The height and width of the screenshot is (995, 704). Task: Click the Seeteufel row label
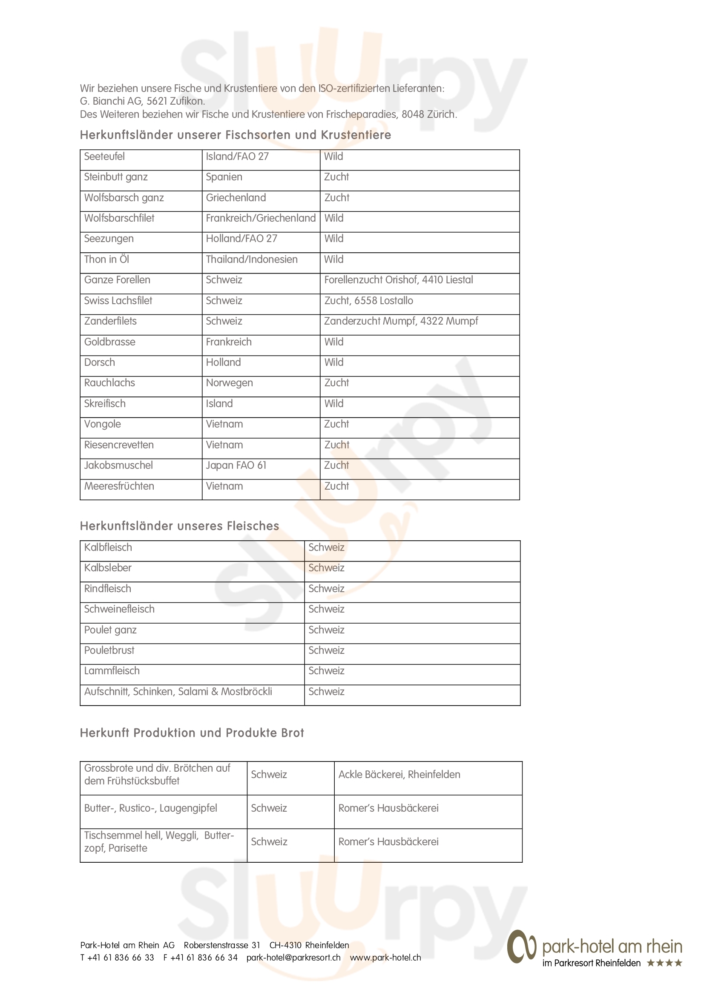[104, 157]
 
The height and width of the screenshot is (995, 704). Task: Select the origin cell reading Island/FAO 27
[237, 157]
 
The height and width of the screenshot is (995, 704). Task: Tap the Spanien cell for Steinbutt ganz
[224, 177]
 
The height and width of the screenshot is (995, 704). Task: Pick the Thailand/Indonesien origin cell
[252, 259]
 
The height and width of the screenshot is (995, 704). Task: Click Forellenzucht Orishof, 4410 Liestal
[398, 280]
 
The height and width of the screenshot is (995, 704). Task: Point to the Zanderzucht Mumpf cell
[401, 321]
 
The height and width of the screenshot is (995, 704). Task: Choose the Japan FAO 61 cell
[236, 465]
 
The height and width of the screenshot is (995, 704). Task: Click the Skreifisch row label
[104, 403]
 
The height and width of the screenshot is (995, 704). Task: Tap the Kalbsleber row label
[108, 568]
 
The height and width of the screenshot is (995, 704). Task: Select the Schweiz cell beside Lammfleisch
[326, 671]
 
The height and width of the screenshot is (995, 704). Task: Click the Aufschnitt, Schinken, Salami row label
[178, 692]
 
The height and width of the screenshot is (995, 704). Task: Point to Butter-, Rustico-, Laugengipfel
[150, 808]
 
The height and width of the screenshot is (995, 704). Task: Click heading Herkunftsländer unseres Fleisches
[179, 526]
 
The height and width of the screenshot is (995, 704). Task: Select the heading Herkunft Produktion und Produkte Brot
[192, 733]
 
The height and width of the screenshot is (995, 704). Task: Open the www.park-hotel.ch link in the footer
[385, 958]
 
